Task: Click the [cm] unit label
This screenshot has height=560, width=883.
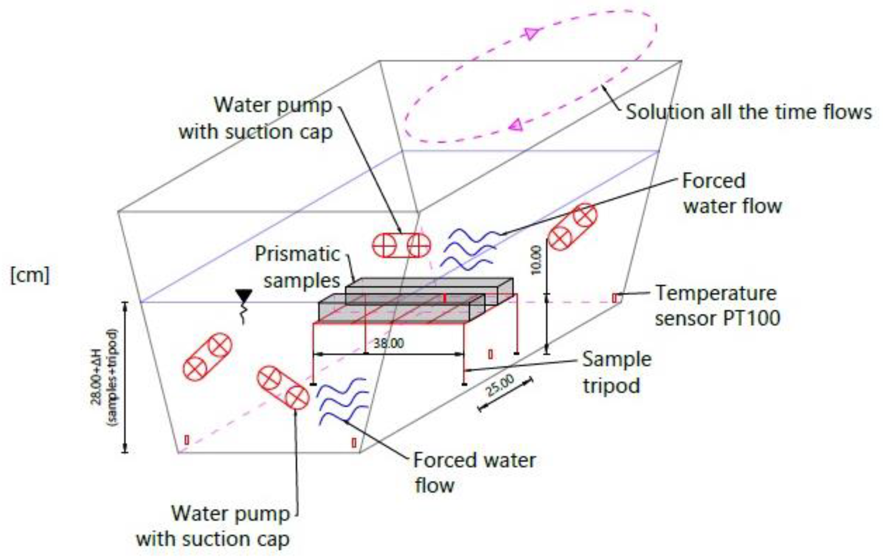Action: coord(30,275)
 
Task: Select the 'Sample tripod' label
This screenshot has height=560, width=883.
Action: coord(616,372)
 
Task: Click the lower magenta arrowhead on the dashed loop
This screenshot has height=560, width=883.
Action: coord(516,125)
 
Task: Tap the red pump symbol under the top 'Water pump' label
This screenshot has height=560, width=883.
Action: coord(401,245)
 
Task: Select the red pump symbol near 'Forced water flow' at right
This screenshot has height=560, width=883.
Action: coord(572,227)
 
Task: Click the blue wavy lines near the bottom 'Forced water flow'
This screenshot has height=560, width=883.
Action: coord(343,401)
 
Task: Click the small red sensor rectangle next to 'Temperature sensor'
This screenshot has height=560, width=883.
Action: coord(615,298)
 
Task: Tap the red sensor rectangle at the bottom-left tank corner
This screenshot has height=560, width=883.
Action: coord(187,440)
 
